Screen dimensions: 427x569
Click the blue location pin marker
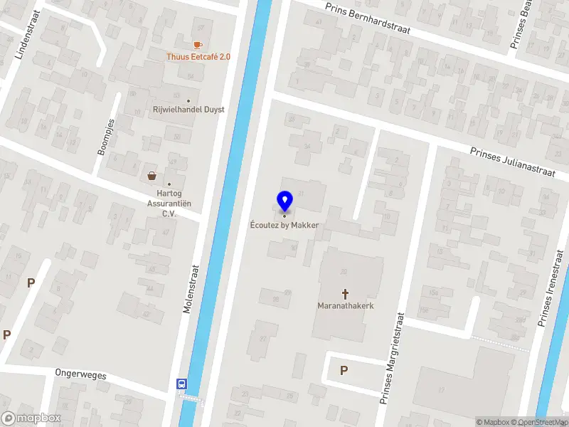pyautogui.click(x=284, y=201)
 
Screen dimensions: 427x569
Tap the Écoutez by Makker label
pyautogui.click(x=284, y=226)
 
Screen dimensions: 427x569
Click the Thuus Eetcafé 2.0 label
pyautogui.click(x=198, y=57)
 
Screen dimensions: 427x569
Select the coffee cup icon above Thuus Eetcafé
pyautogui.click(x=198, y=44)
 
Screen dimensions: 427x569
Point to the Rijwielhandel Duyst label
pyautogui.click(x=188, y=110)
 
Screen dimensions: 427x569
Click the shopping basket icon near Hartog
pyautogui.click(x=151, y=176)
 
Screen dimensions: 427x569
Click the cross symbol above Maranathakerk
pyautogui.click(x=346, y=293)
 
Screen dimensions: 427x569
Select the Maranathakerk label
pyautogui.click(x=346, y=307)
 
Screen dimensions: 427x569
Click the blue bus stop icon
pyautogui.click(x=182, y=384)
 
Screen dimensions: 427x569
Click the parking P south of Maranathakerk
pyautogui.click(x=344, y=370)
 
